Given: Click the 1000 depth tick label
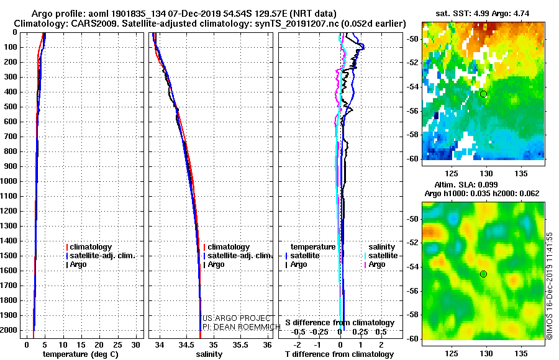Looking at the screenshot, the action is tap(9, 181).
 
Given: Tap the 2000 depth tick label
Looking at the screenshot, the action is tap(9, 330).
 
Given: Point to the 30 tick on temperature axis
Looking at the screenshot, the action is tap(135, 345).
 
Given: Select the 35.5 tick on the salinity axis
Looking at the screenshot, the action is tap(240, 345).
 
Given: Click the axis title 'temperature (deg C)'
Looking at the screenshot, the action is tap(81, 354).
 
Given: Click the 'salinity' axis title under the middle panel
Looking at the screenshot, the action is tap(209, 354).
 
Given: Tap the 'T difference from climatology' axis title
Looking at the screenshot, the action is tap(339, 354).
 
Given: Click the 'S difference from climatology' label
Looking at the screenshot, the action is tap(340, 323).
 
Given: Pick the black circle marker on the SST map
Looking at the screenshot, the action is tap(483, 94).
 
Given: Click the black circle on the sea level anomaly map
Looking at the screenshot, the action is tap(483, 274).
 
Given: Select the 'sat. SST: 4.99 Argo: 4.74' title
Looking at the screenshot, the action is tap(483, 14).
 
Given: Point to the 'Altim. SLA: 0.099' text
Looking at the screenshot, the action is tap(466, 184).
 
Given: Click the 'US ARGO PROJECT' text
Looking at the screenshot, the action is tap(237, 318).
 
